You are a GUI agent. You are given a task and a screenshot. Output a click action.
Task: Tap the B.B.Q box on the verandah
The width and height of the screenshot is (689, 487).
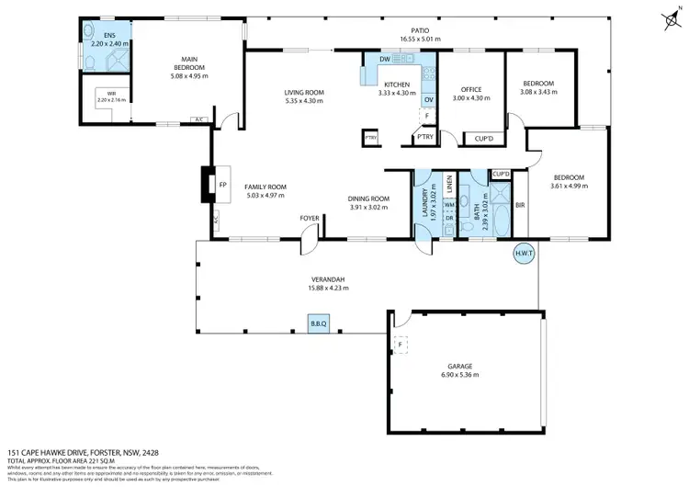(x=319, y=324)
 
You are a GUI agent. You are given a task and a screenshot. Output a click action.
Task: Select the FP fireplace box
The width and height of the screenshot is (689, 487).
(x=221, y=185)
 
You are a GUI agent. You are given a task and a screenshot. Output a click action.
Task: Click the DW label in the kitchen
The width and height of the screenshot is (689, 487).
(x=384, y=61)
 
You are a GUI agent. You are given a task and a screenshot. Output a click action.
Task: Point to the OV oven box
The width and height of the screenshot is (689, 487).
(x=428, y=99)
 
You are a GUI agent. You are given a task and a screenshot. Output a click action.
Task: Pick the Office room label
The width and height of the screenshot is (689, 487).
(x=470, y=89)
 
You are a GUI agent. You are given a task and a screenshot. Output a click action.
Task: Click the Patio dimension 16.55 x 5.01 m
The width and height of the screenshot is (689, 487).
(x=420, y=40)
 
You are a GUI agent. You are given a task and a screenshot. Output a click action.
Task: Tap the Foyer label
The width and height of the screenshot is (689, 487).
(x=309, y=218)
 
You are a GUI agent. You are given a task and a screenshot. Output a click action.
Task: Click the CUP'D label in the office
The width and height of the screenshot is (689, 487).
(x=484, y=139)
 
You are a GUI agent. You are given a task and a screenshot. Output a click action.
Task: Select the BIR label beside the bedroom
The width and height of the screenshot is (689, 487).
(x=519, y=205)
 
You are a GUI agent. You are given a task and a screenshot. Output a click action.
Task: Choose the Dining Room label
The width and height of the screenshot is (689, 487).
(x=369, y=198)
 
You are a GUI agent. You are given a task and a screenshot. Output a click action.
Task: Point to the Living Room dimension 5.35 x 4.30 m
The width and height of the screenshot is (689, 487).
(x=303, y=100)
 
